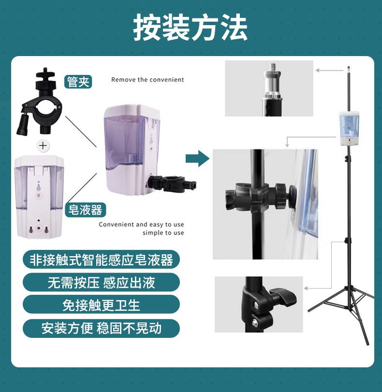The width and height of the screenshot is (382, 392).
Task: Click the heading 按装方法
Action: (191, 27)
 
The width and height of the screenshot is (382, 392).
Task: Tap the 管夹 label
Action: (78, 82)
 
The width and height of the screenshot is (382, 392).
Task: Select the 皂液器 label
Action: (85, 210)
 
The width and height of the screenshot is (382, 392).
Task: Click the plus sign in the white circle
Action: (43, 145)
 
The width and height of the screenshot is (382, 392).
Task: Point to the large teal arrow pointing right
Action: (197, 159)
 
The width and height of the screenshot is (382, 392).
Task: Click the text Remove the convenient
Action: (147, 80)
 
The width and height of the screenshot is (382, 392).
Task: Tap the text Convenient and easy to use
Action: (141, 224)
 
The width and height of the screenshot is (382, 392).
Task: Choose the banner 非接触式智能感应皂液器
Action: (101, 260)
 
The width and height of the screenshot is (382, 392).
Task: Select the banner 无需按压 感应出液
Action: (101, 282)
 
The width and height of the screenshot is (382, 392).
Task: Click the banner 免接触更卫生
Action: (101, 305)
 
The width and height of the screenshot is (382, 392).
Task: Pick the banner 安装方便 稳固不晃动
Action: (101, 328)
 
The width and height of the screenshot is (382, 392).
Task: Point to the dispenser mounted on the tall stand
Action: (349, 129)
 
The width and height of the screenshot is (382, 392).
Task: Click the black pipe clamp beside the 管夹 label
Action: (40, 102)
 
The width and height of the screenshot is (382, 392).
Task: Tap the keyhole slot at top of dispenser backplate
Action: (38, 187)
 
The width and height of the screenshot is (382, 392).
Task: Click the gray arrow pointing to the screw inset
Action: (329, 71)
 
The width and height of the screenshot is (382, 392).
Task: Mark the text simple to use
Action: (163, 233)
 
